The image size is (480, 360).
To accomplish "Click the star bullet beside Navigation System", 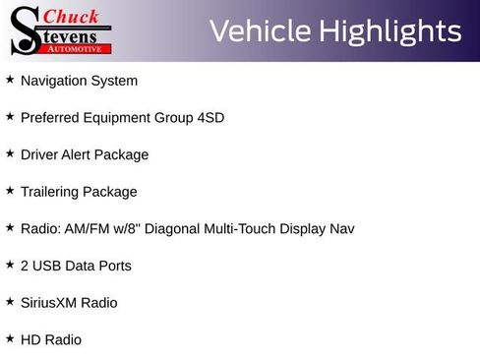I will (10, 80).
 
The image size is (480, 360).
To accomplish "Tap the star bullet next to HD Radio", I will (10, 338).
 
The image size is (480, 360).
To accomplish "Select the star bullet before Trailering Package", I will (10, 191).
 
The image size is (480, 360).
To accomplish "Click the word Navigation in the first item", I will (53, 81).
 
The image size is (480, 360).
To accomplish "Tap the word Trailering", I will (51, 192).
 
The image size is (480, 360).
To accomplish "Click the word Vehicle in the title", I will (259, 31).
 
